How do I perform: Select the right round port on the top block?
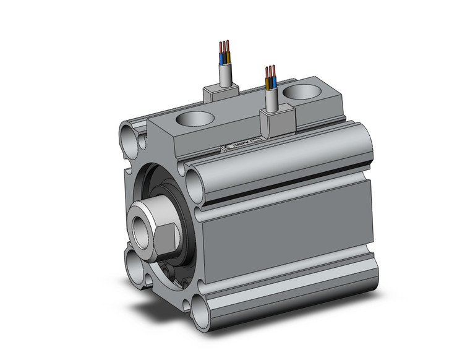click(x=302, y=93)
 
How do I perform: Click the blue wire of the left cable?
click(x=221, y=59)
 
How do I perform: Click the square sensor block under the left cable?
click(x=219, y=93)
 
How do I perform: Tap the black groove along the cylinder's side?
click(x=284, y=188)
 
